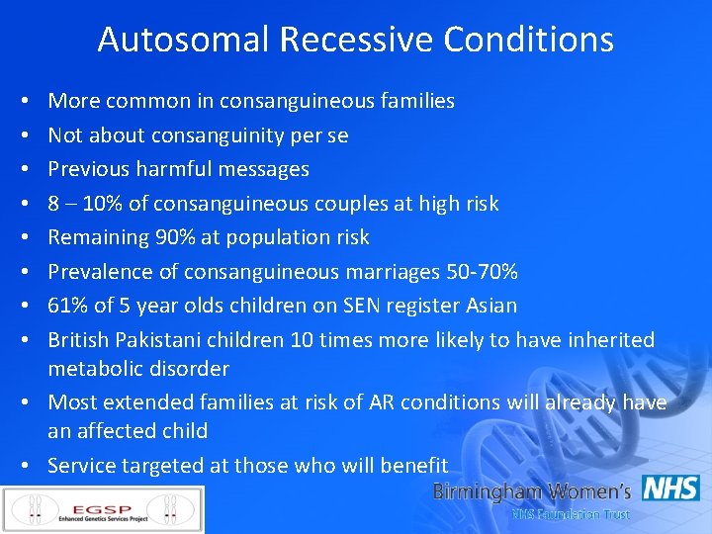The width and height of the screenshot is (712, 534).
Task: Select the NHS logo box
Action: (670, 489)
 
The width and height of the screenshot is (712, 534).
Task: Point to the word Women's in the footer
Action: (584, 491)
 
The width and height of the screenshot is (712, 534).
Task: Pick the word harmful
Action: (183, 169)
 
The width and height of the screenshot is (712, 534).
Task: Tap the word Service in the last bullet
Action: (80, 465)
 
